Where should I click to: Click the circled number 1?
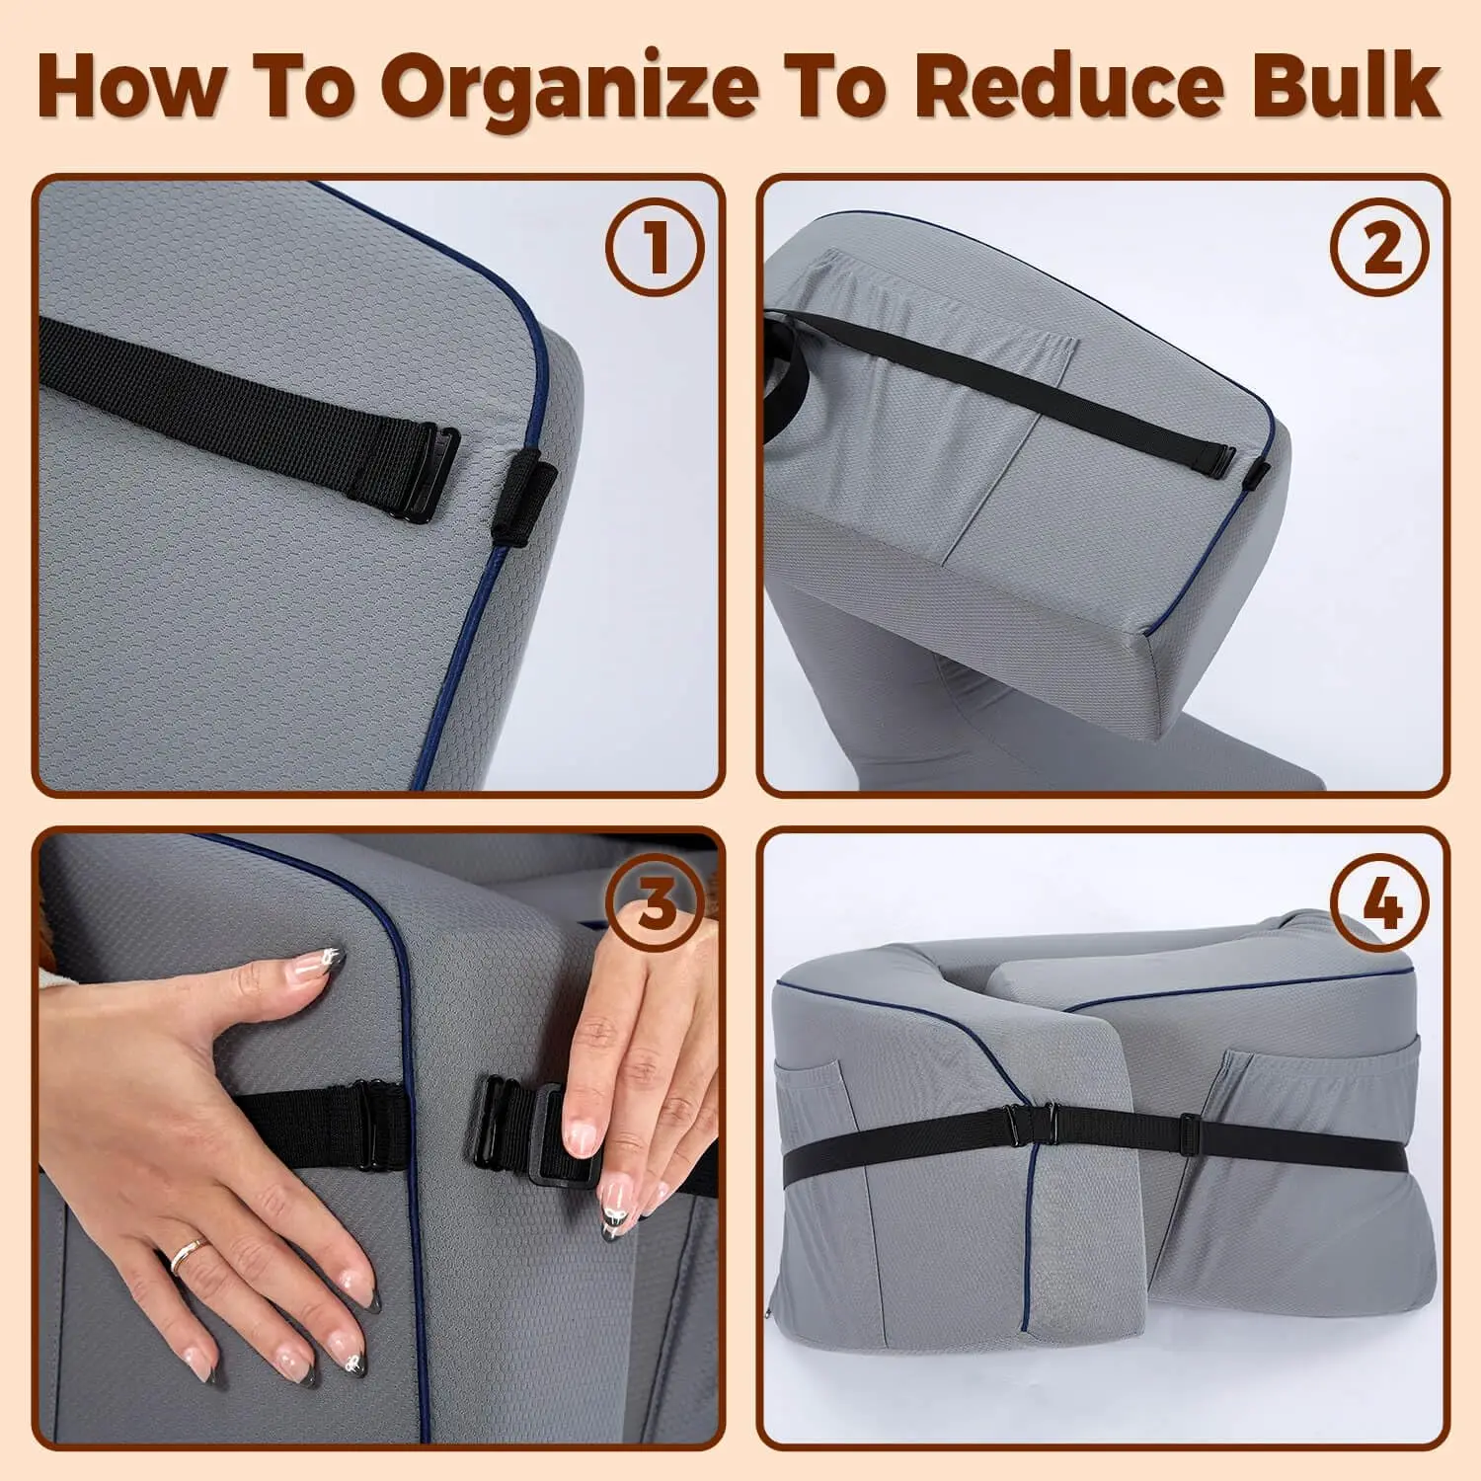coord(656,246)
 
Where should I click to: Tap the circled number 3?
coord(656,901)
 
